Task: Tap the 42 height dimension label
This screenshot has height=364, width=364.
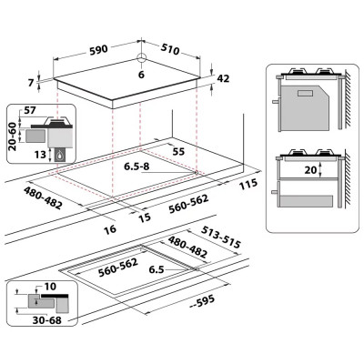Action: click(x=224, y=79)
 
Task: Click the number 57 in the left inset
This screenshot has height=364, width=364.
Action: click(x=30, y=112)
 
